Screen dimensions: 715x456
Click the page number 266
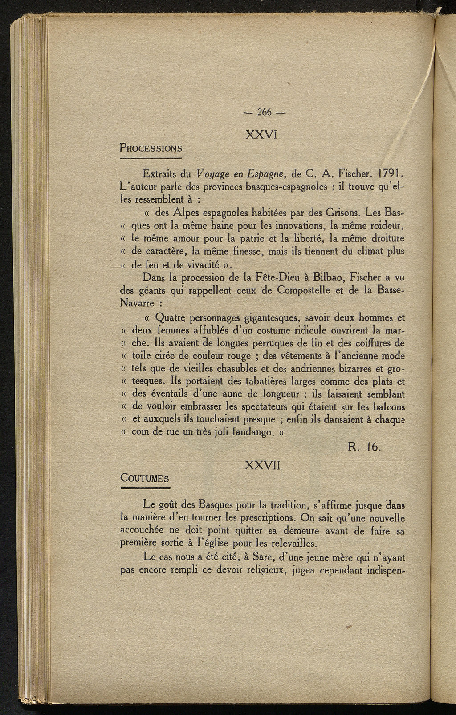point(264,113)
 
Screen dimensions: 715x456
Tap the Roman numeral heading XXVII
point(262,465)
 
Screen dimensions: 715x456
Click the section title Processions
point(151,148)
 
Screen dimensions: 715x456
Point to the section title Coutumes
point(145,478)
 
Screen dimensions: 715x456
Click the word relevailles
point(293,543)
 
